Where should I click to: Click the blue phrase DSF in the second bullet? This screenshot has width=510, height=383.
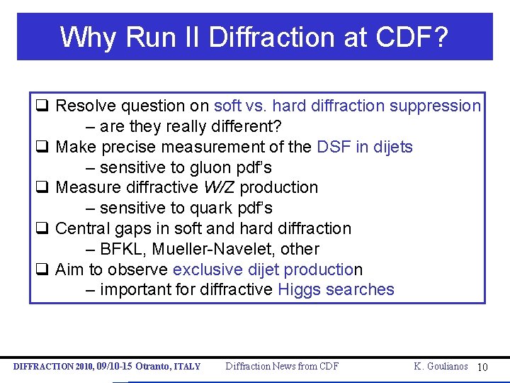(333, 147)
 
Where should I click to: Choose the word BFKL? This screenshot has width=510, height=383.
(121, 249)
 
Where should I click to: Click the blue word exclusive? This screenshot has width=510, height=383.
(208, 270)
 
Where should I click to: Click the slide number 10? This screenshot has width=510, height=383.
(482, 367)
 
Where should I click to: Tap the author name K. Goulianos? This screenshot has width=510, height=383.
(441, 366)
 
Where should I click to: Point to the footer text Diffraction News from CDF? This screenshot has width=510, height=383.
(282, 366)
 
